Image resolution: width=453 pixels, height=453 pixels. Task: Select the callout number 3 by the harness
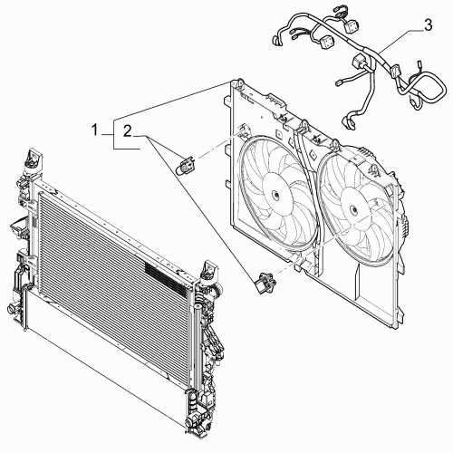(428, 24)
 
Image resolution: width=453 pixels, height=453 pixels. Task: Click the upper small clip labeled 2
(188, 165)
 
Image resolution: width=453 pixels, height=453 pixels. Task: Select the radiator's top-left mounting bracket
(34, 160)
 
